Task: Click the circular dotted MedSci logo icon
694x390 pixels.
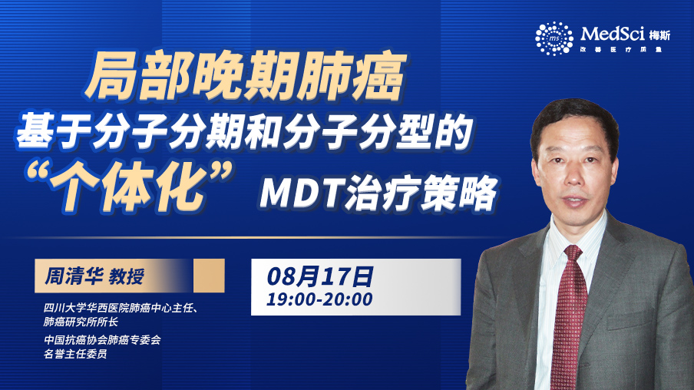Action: [x=554, y=38]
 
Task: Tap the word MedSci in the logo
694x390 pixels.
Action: [x=613, y=34]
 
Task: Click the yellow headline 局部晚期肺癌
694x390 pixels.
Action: [x=246, y=76]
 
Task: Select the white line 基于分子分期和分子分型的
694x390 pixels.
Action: [x=245, y=131]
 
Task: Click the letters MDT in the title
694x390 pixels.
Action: [x=300, y=192]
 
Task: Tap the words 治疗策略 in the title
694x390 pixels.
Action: [x=421, y=193]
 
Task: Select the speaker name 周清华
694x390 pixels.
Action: [x=74, y=276]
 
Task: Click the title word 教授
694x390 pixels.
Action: [x=127, y=276]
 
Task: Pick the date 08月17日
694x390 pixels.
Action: [x=319, y=277]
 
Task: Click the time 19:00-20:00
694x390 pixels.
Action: [x=319, y=299]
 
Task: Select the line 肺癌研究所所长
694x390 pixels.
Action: [x=81, y=322]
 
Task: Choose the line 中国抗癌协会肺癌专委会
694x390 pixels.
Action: [x=102, y=340]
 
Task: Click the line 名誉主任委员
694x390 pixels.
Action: [x=75, y=354]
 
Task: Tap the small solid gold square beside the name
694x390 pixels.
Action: [x=209, y=276]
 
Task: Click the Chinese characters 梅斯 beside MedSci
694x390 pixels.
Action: [x=659, y=35]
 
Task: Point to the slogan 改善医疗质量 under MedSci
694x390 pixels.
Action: [x=621, y=50]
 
